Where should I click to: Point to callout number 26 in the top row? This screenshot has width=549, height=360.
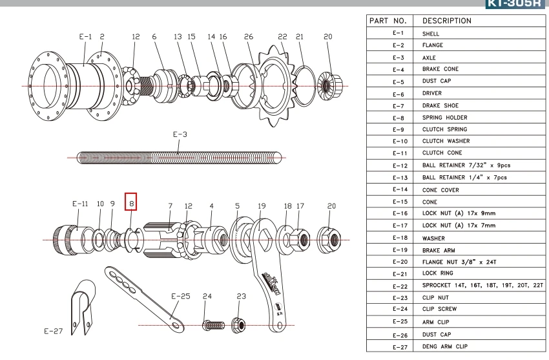(249, 37)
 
